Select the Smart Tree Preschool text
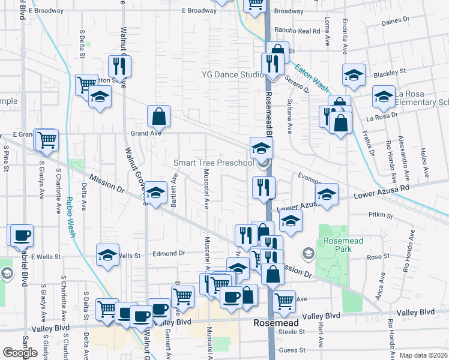[x=214, y=163]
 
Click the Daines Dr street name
[x=396, y=21]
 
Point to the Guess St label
[x=292, y=350]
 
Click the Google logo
[x=20, y=353]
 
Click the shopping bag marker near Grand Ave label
[x=158, y=115]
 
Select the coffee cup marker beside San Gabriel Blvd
[x=22, y=234]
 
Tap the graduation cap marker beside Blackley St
[x=354, y=74]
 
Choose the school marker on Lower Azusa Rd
[x=327, y=194]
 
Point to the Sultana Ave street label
[x=291, y=116]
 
